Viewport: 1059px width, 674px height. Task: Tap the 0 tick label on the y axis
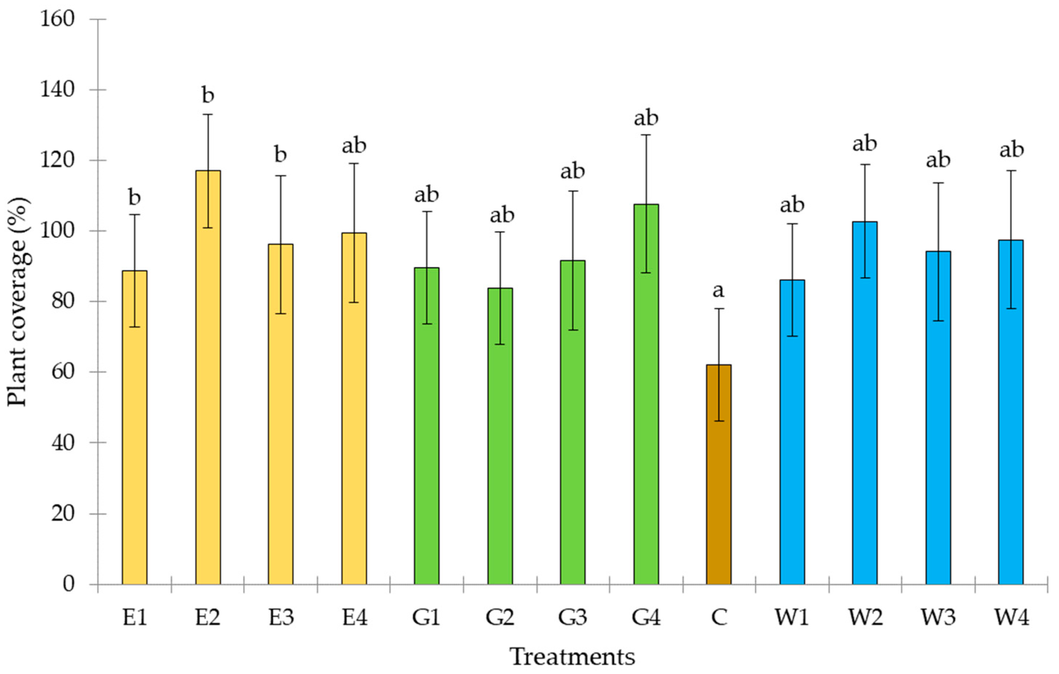coord(68,584)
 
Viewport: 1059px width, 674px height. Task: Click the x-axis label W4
coord(1012,618)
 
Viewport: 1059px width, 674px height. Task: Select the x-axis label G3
coord(573,618)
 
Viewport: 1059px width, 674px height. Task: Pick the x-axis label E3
coord(281,618)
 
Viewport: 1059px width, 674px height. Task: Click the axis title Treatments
coord(573,657)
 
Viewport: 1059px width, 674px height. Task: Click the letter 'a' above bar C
coord(718,290)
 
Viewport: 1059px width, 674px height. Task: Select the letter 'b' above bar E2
coord(208,94)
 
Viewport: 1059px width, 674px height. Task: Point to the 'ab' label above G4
coord(646,118)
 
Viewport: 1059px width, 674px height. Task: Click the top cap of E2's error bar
coord(208,114)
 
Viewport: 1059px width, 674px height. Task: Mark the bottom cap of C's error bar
coord(719,421)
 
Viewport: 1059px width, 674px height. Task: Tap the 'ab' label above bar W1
coord(792,205)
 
